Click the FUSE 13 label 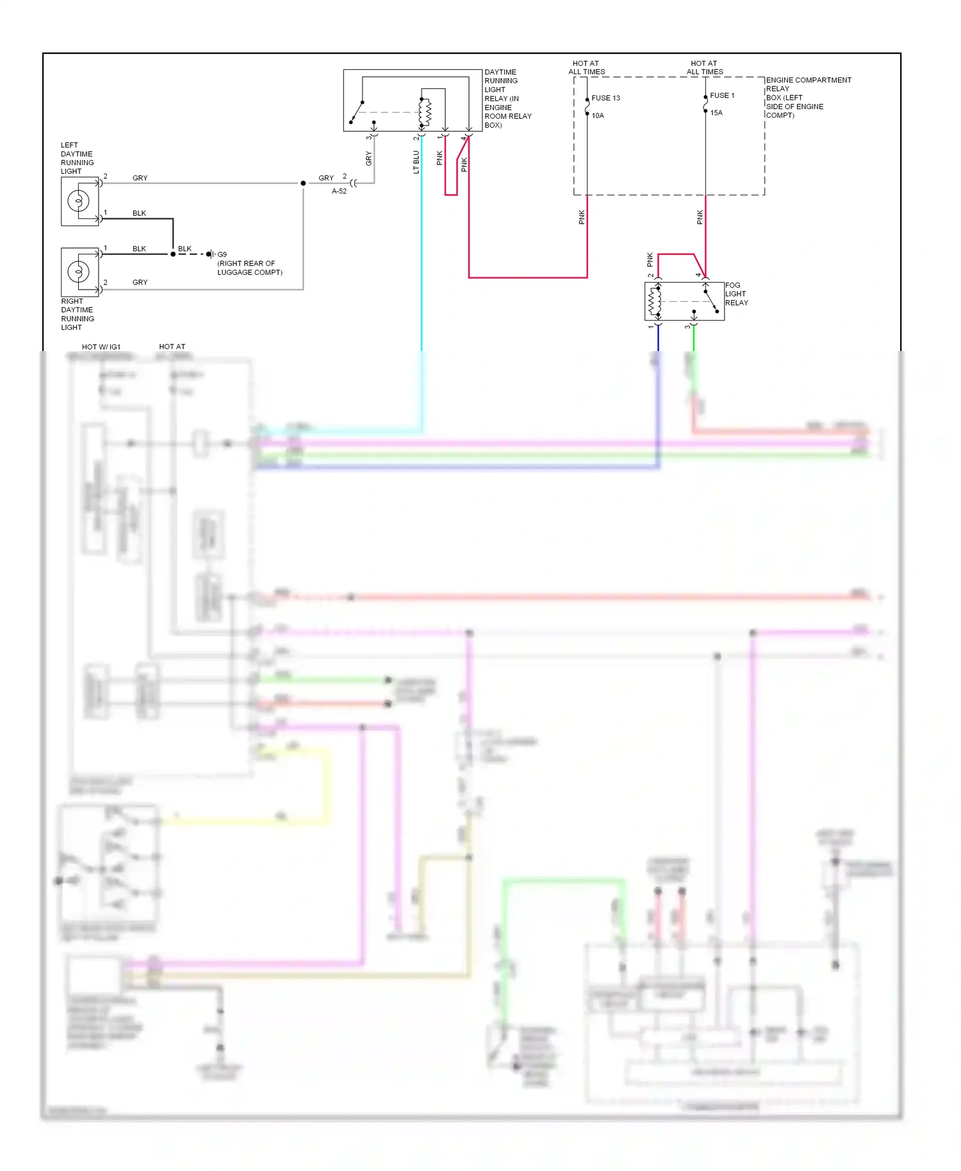pyautogui.click(x=605, y=98)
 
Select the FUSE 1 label pyautogui.click(x=721, y=95)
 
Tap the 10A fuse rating pyautogui.click(x=597, y=116)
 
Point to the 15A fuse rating pyautogui.click(x=716, y=113)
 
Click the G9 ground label pyautogui.click(x=222, y=254)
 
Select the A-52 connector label pyautogui.click(x=339, y=191)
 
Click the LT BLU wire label pyautogui.click(x=416, y=162)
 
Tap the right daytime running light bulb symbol pyautogui.click(x=78, y=272)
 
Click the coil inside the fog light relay pyautogui.click(x=654, y=301)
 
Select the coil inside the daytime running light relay pyautogui.click(x=425, y=113)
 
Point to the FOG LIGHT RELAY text pyautogui.click(x=735, y=294)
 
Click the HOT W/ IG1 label pyautogui.click(x=101, y=347)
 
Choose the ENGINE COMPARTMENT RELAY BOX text pyautogui.click(x=807, y=97)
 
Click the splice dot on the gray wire pyautogui.click(x=303, y=183)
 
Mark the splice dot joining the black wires pyautogui.click(x=173, y=254)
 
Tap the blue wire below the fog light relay pyautogui.click(x=658, y=340)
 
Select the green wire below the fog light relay pyautogui.click(x=694, y=340)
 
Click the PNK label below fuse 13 pyautogui.click(x=582, y=217)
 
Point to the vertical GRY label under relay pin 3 pyautogui.click(x=368, y=158)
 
